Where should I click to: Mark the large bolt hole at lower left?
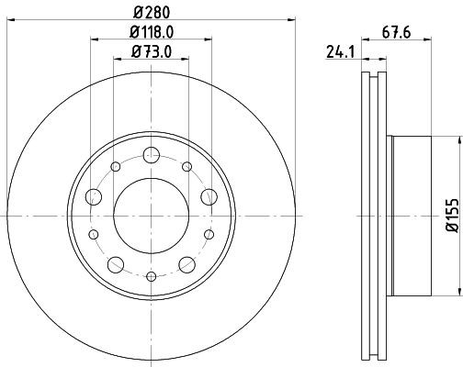(115, 265)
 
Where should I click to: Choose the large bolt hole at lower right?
(189, 265)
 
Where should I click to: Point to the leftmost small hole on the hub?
(92, 234)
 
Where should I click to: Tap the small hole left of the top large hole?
(116, 167)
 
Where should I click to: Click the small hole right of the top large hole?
(187, 167)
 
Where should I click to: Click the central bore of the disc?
(152, 216)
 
